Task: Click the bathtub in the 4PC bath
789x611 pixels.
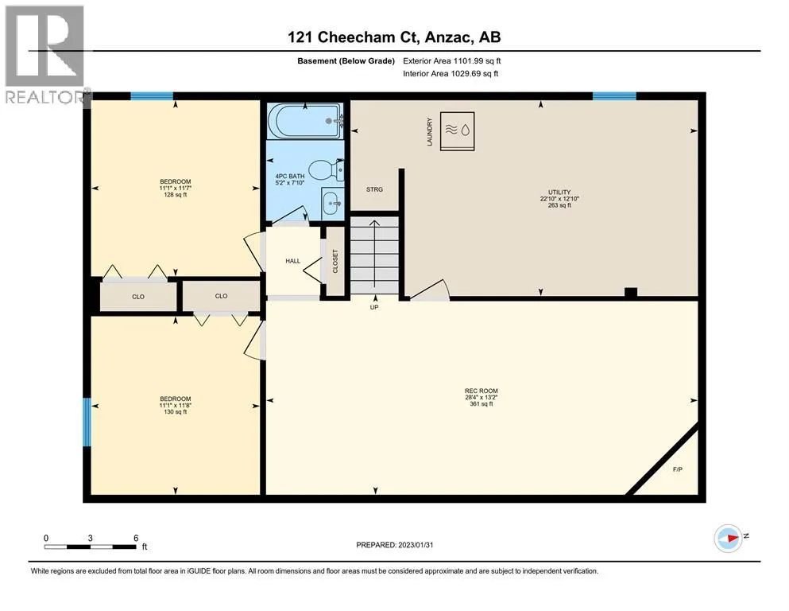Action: (305, 121)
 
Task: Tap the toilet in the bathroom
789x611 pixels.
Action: (326, 170)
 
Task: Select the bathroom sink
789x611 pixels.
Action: (332, 203)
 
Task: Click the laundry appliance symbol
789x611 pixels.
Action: (457, 131)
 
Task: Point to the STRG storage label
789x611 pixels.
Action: (374, 189)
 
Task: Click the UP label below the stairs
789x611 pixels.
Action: (374, 307)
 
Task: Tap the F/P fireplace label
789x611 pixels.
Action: (677, 469)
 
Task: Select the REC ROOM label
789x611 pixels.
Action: (481, 391)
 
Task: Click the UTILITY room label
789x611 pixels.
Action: (559, 192)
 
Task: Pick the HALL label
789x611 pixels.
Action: (293, 261)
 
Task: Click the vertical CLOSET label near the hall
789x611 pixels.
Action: (335, 262)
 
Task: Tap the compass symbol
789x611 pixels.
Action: (728, 539)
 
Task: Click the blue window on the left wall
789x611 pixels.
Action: (87, 422)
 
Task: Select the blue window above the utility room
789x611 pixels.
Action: (614, 96)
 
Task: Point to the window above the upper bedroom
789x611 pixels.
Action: (152, 96)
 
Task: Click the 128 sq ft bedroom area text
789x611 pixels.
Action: (175, 195)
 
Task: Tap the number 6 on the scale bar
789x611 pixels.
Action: (136, 538)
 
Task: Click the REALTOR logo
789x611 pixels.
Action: (44, 54)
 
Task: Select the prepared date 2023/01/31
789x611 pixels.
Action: (415, 545)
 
